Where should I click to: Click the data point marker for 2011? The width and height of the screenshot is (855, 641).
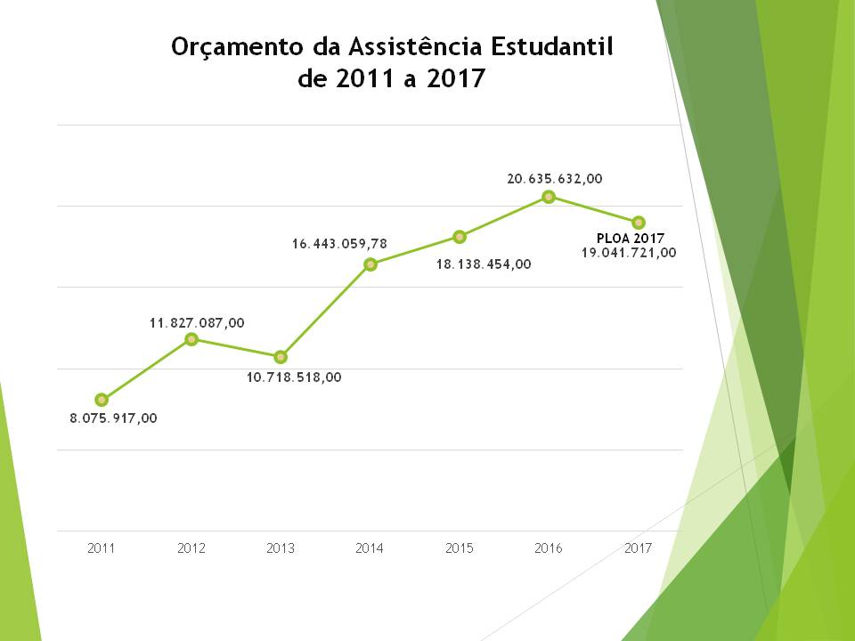pyautogui.click(x=102, y=400)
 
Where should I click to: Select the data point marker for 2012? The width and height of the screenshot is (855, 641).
pyautogui.click(x=191, y=339)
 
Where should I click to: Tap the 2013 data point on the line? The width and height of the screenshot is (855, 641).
pyautogui.click(x=281, y=357)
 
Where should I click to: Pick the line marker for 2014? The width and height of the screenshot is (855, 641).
pyautogui.click(x=370, y=264)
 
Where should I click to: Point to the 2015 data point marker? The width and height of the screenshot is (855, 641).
pyautogui.click(x=460, y=237)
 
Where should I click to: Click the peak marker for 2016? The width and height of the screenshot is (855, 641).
pyautogui.click(x=549, y=197)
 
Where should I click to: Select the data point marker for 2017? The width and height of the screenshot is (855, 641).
pyautogui.click(x=639, y=222)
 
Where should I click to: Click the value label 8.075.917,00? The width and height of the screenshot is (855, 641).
pyautogui.click(x=113, y=418)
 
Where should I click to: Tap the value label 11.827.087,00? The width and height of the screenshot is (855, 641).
pyautogui.click(x=197, y=322)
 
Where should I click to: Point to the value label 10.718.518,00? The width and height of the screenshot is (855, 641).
pyautogui.click(x=294, y=377)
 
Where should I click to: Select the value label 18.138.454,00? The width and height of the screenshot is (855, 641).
pyautogui.click(x=484, y=264)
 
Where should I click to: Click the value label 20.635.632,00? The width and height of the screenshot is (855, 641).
pyautogui.click(x=555, y=179)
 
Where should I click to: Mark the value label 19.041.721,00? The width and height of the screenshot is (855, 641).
pyautogui.click(x=629, y=252)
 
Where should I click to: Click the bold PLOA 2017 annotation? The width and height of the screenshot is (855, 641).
pyautogui.click(x=631, y=238)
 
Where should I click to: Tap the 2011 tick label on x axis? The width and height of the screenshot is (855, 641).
pyautogui.click(x=102, y=548)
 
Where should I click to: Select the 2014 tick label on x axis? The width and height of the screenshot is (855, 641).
pyautogui.click(x=370, y=548)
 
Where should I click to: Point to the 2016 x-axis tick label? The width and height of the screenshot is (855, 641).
pyautogui.click(x=549, y=548)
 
